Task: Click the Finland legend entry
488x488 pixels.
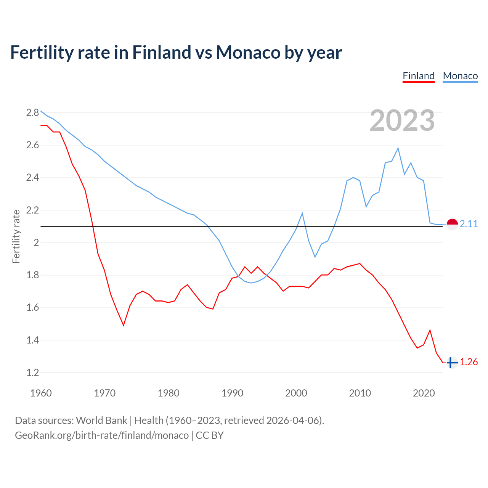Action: point(419,76)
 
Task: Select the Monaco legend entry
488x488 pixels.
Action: point(460,76)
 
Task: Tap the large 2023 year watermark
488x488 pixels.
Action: point(402,120)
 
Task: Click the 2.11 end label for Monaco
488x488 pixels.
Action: point(469,224)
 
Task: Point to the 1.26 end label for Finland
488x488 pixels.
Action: point(469,362)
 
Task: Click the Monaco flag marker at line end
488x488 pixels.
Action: point(452,225)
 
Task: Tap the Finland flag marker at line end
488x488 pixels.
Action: point(452,363)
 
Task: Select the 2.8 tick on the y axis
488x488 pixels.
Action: point(32,112)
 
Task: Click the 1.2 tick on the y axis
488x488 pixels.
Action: point(32,372)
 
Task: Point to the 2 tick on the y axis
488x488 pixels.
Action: point(36,242)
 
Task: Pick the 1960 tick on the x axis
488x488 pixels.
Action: point(41,393)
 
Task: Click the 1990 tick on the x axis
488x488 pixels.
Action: point(232,393)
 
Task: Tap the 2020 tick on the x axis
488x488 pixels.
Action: point(424,393)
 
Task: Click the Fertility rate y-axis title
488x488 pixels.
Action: point(16,236)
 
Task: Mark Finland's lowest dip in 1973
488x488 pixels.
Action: point(124,325)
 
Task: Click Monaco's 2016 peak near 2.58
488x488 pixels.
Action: point(398,148)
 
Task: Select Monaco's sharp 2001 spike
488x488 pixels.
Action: point(302,213)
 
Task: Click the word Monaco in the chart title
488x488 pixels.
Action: point(248,52)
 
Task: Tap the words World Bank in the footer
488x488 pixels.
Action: point(101,421)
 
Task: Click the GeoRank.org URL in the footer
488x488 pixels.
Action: point(102,435)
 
